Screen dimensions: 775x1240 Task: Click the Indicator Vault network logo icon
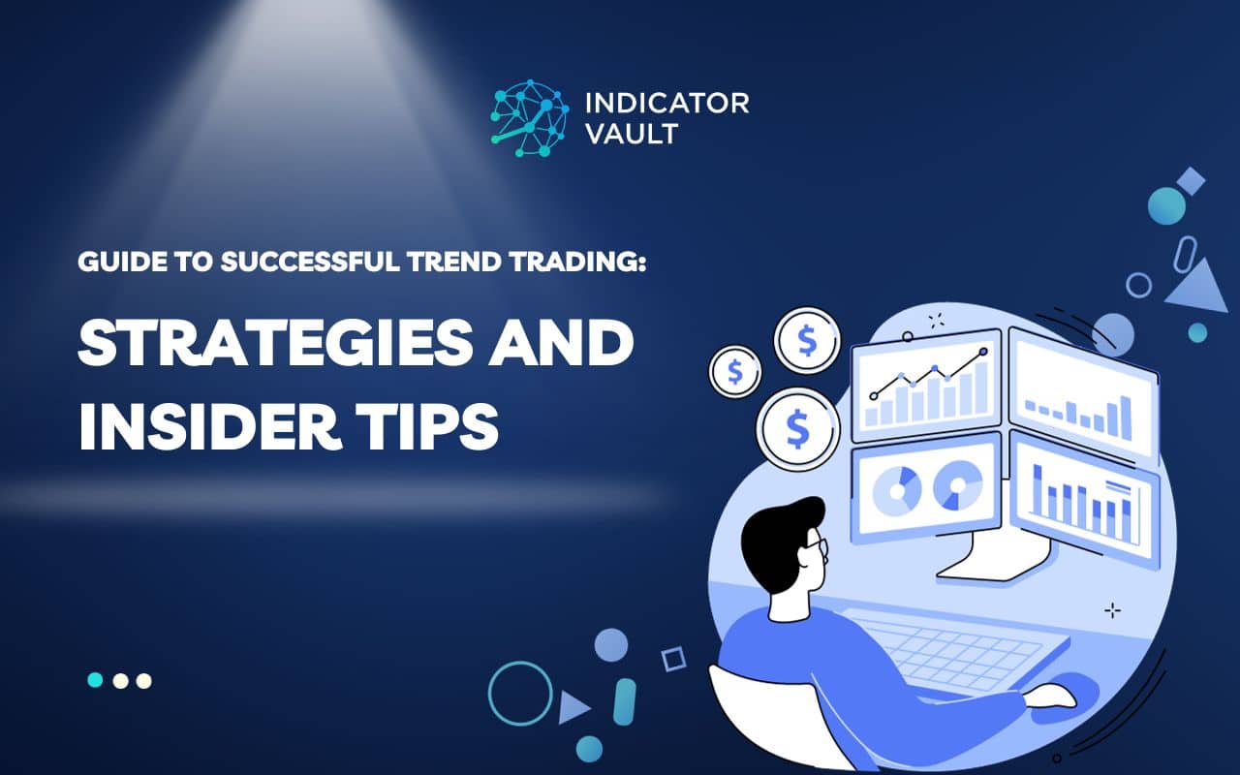pos(529,118)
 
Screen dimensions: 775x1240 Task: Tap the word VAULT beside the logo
pos(632,134)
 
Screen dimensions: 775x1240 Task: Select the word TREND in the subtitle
pos(455,263)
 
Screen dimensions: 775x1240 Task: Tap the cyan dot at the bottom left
pos(95,680)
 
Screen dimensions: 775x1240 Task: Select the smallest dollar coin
pos(735,370)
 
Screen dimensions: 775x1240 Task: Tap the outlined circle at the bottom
pos(519,693)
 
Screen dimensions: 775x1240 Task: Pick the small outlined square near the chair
pos(673,660)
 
